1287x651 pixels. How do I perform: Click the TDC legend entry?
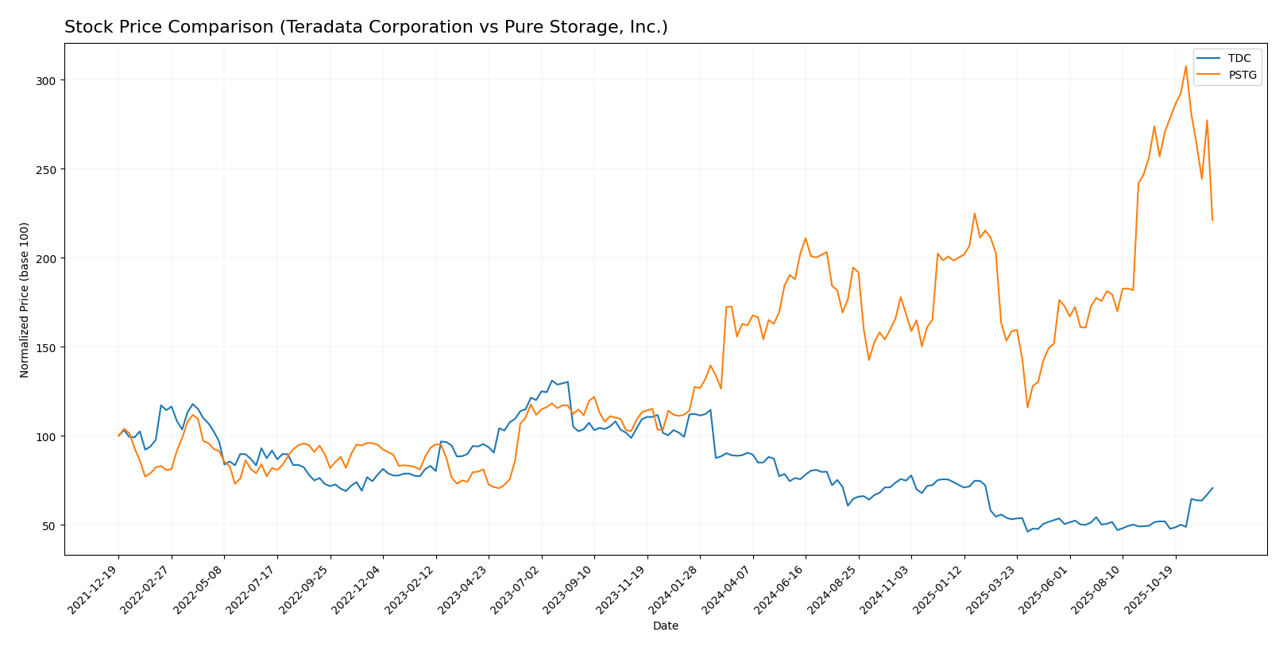(x=1239, y=59)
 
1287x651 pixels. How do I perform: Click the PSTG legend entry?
(x=1242, y=76)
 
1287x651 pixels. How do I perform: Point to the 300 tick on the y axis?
(x=45, y=81)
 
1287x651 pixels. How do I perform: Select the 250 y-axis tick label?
(x=45, y=170)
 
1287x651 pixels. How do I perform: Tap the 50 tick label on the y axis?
(x=48, y=526)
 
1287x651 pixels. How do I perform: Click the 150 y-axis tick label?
(x=45, y=348)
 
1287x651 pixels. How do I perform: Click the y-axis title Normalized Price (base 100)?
(x=25, y=300)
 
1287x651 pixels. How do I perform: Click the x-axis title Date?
(x=666, y=626)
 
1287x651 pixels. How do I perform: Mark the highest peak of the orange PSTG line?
(x=1186, y=66)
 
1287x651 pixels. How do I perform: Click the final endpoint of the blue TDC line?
(x=1212, y=488)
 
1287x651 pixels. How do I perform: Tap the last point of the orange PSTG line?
(x=1212, y=220)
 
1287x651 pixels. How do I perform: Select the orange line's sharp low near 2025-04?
(x=1027, y=408)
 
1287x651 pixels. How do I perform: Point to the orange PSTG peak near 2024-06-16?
(x=806, y=238)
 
